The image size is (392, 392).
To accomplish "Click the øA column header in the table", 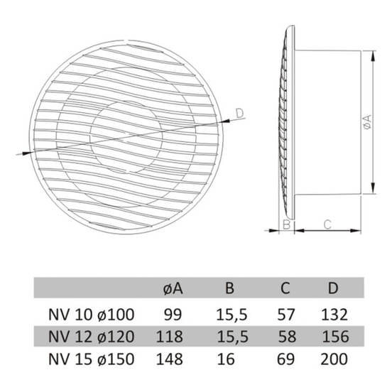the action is [173, 288].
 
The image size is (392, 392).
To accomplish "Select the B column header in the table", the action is [229, 288].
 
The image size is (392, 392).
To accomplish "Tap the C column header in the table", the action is [285, 288].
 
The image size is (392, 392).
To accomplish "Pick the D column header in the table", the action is [333, 288].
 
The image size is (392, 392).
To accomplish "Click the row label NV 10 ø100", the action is [91, 315].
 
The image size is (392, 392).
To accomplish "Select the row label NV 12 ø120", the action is [91, 337].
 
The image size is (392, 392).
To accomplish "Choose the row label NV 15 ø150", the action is [91, 359].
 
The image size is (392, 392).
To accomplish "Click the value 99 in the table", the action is [173, 315].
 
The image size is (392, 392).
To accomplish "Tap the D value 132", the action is [334, 315].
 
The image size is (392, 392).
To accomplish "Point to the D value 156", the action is [335, 337].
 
